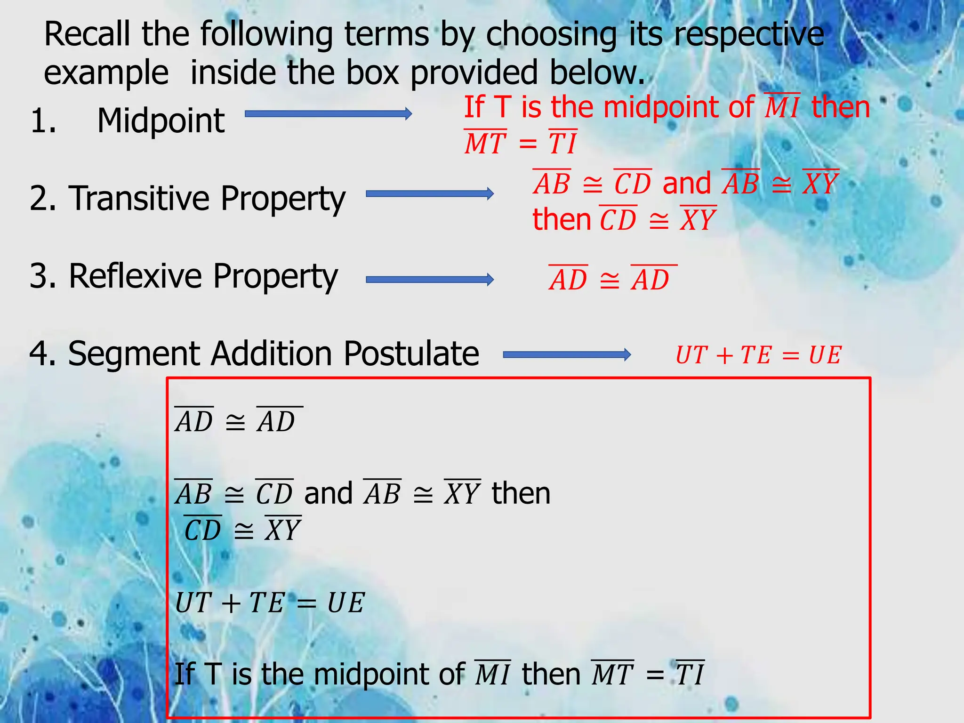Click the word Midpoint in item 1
pos(161,121)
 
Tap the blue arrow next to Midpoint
pos(328,114)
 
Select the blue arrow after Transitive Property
pos(429,193)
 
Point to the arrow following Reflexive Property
pos(429,280)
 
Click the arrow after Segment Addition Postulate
pos(567,354)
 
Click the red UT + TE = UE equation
pos(758,355)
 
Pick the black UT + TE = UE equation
pos(270,602)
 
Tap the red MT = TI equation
pos(520,143)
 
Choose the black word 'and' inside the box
pos(328,493)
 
